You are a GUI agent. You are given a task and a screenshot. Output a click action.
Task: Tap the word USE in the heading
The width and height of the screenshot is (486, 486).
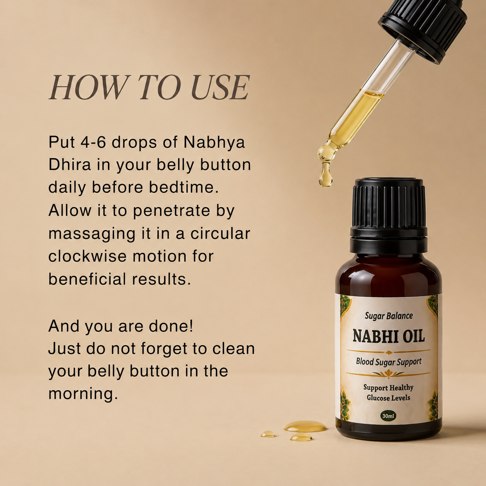tap(220, 87)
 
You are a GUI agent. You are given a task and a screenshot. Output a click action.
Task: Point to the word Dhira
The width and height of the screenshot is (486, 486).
tap(70, 165)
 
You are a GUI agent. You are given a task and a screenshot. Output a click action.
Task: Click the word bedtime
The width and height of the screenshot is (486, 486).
tap(184, 188)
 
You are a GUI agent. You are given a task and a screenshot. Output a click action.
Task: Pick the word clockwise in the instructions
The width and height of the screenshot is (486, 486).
tap(87, 256)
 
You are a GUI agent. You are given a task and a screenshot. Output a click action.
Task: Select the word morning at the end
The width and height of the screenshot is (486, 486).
tap(83, 394)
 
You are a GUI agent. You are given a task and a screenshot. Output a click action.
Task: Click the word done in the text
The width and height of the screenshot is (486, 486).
tap(171, 326)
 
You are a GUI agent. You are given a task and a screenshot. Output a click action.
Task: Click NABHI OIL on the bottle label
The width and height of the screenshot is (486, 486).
tap(389, 336)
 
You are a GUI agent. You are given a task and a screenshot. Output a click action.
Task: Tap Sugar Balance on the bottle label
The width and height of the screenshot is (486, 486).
tap(389, 316)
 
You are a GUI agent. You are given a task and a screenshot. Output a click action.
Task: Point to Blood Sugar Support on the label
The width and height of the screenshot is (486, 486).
tap(389, 362)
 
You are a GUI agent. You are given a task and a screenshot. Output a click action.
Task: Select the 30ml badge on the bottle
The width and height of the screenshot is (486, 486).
tap(388, 416)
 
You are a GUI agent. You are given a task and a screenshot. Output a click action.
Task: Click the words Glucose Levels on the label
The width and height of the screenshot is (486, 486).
tap(388, 398)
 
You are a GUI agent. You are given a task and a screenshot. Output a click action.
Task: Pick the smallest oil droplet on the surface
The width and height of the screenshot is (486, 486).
tap(268, 434)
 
